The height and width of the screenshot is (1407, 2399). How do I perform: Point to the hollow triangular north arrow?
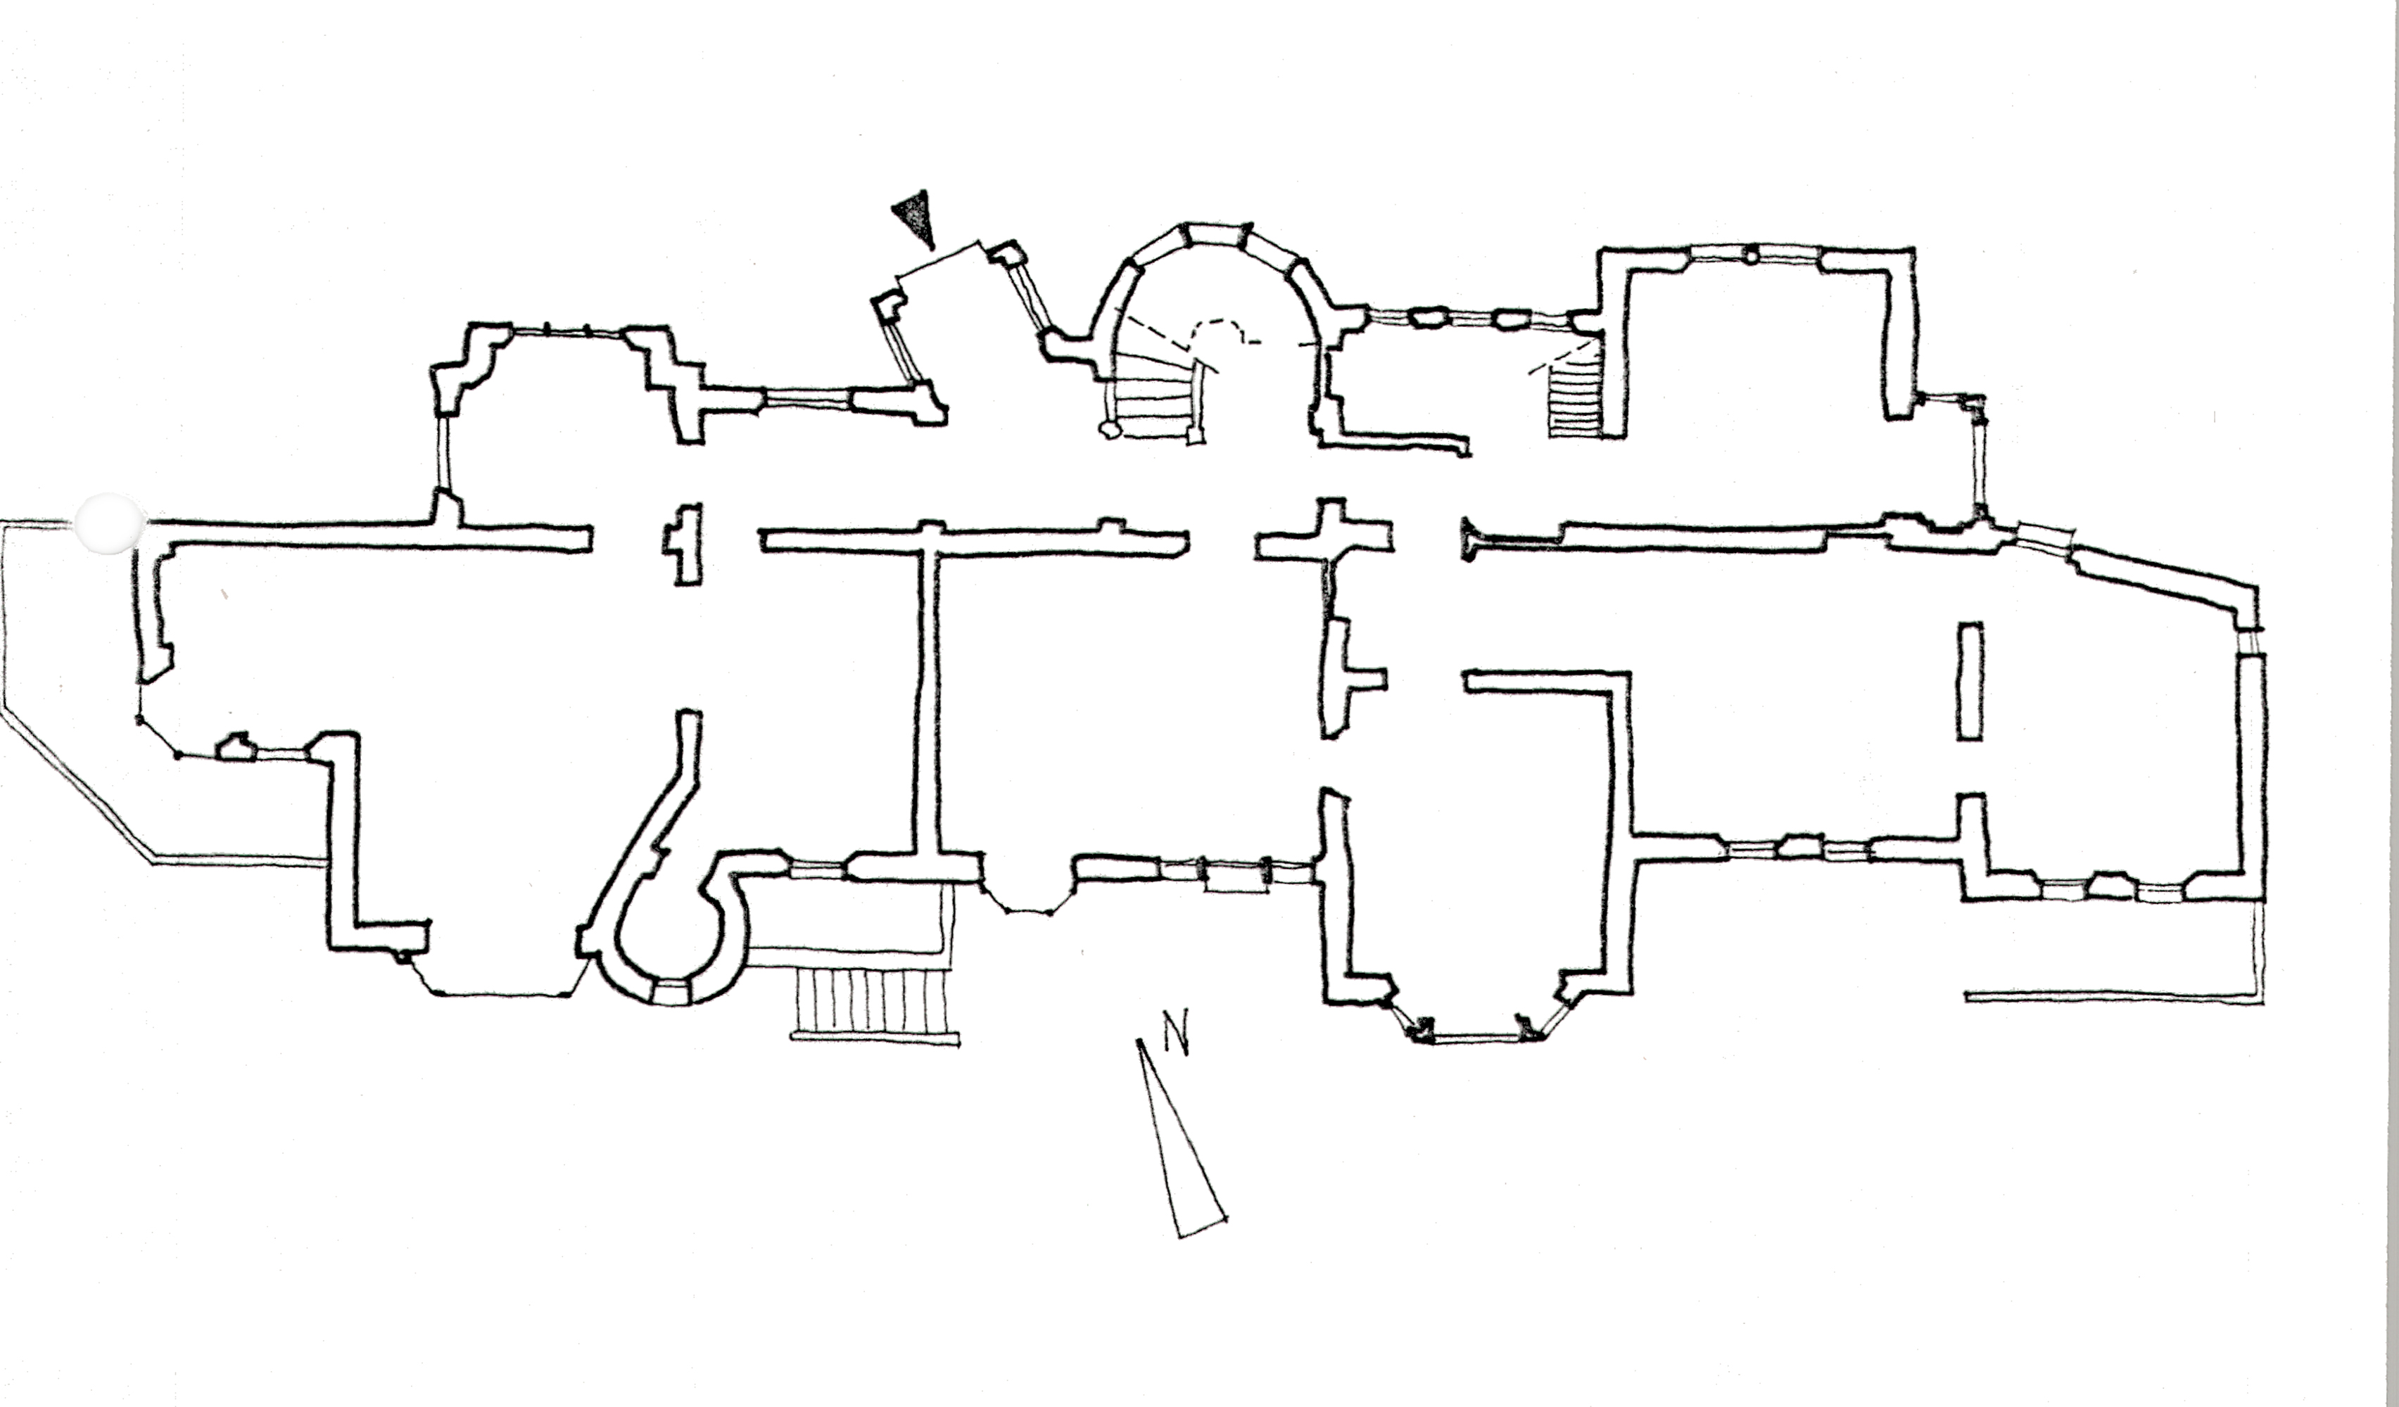(x=1180, y=1138)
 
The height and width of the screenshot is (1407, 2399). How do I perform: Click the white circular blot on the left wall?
(x=110, y=523)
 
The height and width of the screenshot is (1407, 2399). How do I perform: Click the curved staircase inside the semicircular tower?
(x=1157, y=390)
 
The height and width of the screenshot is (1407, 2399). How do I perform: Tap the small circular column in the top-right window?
(x=1752, y=254)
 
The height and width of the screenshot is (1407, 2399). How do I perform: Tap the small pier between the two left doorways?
(x=683, y=545)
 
